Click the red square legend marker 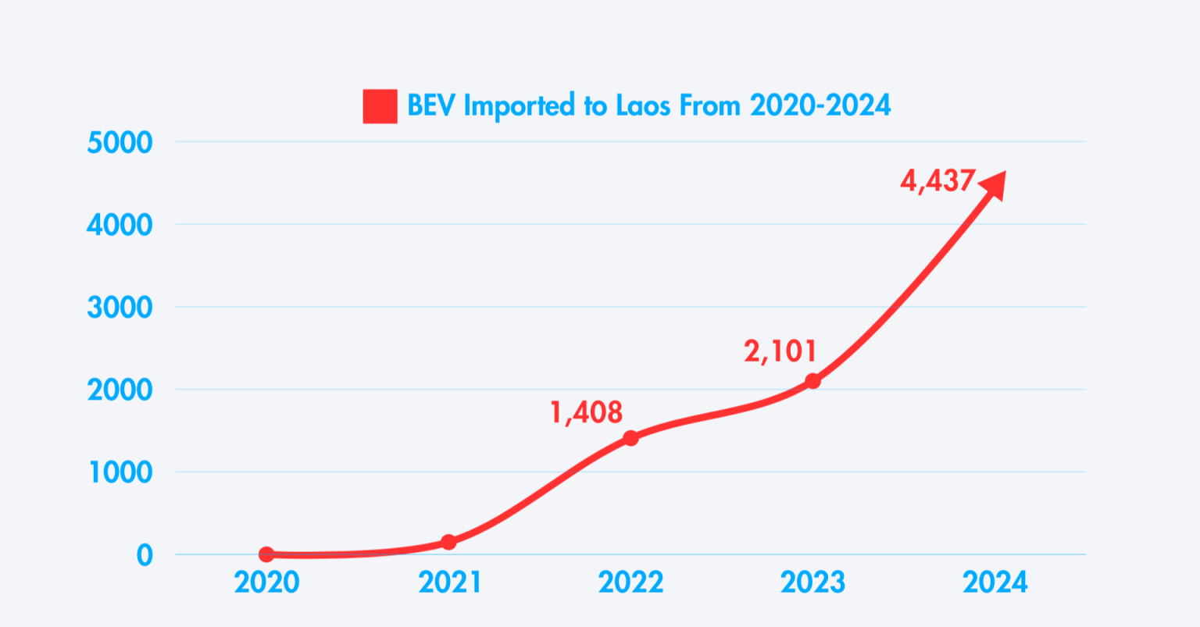(380, 106)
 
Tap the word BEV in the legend (430, 105)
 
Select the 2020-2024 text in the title (820, 105)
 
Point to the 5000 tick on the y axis (120, 143)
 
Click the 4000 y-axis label (120, 225)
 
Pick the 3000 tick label (120, 308)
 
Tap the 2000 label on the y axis (120, 390)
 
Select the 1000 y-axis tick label (120, 472)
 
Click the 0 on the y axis (144, 555)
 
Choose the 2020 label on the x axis (266, 582)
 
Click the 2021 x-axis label (449, 582)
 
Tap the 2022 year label (630, 582)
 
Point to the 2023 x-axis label (812, 582)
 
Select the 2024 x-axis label (995, 582)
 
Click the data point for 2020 (266, 554)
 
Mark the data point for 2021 (448, 542)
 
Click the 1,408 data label (587, 412)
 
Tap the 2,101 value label (780, 351)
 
